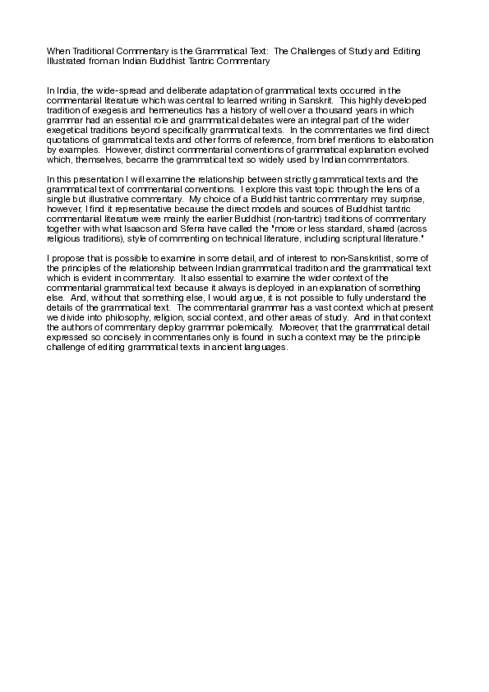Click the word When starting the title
[x=57, y=51]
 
